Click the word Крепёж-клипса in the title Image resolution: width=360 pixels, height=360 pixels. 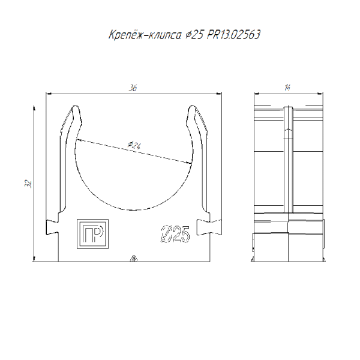tap(145, 35)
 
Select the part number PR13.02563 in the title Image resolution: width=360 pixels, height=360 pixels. tap(233, 35)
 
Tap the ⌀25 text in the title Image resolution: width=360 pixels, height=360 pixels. tap(194, 35)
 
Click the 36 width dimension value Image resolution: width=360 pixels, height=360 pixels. tap(133, 88)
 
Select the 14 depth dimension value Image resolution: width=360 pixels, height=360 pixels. tap(287, 88)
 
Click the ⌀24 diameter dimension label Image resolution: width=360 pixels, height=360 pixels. tap(134, 145)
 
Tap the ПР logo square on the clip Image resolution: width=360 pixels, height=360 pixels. tap(92, 234)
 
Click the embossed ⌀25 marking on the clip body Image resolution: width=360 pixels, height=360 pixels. tap(175, 234)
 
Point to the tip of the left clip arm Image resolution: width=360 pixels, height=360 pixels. tap(76, 106)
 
